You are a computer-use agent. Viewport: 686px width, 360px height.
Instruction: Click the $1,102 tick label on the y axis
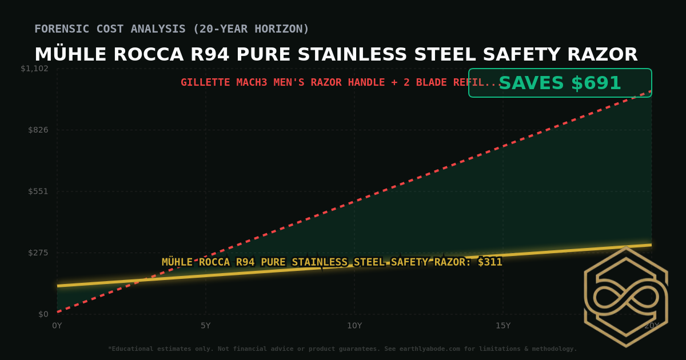tap(35, 69)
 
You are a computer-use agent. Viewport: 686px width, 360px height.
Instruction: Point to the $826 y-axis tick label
tap(38, 130)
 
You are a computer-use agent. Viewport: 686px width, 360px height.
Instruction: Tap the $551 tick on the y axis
tap(38, 191)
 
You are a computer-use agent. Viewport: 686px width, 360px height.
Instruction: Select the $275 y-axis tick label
tap(38, 253)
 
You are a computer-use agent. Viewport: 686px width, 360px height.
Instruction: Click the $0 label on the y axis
tap(43, 314)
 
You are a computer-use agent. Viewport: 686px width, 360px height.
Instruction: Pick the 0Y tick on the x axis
tap(57, 326)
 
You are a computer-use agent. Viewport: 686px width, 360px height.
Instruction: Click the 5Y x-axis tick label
tap(206, 326)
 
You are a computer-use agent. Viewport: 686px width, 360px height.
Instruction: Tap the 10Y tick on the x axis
tap(354, 326)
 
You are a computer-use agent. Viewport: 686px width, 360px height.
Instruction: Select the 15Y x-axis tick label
tap(503, 326)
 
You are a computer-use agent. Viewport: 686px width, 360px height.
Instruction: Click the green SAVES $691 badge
tap(560, 83)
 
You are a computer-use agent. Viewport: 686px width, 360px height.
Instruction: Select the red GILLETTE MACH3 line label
tap(341, 82)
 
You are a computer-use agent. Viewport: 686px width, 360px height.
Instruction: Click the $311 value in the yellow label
tap(490, 262)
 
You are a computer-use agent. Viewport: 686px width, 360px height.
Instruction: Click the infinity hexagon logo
tap(625, 297)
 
